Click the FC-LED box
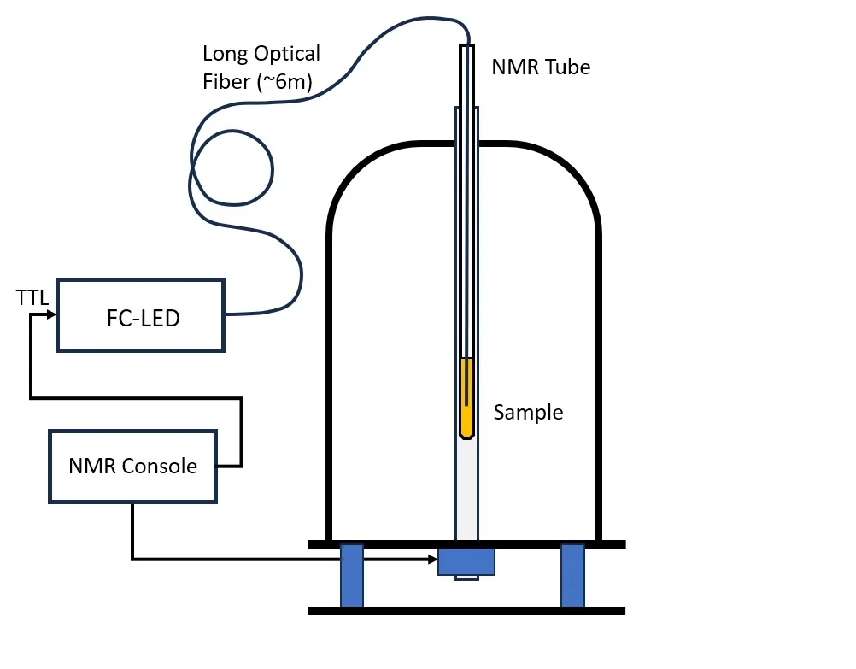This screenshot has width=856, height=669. pyautogui.click(x=140, y=315)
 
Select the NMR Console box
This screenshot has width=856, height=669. pyautogui.click(x=132, y=466)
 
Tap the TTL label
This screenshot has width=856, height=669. pyautogui.click(x=32, y=296)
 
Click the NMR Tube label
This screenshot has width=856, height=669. pyautogui.click(x=541, y=67)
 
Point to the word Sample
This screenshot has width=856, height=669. pyautogui.click(x=528, y=413)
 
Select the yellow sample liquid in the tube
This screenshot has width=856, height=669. pyautogui.click(x=466, y=397)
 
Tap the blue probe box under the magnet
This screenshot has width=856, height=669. pyautogui.click(x=466, y=561)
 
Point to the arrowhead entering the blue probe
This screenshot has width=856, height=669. pyautogui.click(x=432, y=560)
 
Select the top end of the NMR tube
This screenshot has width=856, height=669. pyautogui.click(x=466, y=48)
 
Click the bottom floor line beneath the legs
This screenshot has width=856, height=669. pyautogui.click(x=466, y=611)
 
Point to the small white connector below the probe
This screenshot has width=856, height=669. pyautogui.click(x=466, y=578)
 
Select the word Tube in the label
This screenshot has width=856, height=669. pyautogui.click(x=568, y=67)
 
